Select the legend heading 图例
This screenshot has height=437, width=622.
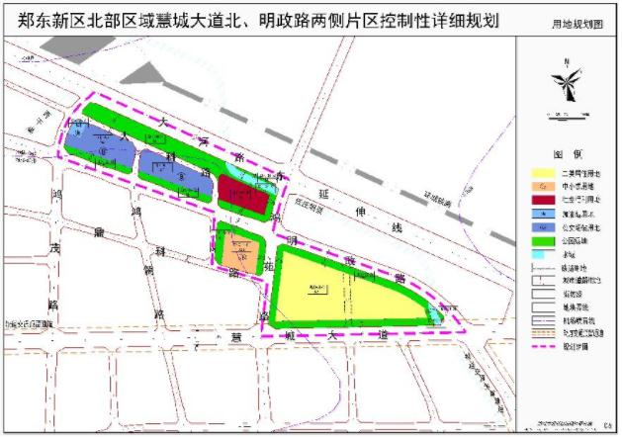[x=567, y=155]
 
